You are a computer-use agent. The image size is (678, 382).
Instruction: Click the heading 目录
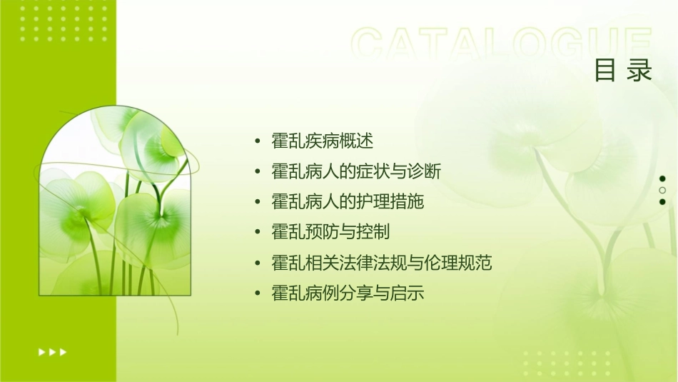(623, 70)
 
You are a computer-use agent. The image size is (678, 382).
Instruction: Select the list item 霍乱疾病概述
(322, 141)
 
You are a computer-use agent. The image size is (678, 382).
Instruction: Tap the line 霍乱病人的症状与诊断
(356, 171)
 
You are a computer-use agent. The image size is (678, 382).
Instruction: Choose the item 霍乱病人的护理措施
(348, 202)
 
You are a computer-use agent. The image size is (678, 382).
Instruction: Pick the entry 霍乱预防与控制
(330, 232)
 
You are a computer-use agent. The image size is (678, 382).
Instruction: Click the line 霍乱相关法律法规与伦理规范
(382, 263)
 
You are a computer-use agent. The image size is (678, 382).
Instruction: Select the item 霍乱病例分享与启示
(348, 293)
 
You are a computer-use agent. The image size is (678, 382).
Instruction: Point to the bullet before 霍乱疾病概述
(258, 141)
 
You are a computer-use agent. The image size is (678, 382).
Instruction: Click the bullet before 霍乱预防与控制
(258, 233)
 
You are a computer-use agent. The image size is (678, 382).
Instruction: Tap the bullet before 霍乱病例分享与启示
(258, 293)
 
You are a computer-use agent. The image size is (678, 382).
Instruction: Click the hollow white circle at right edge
(662, 190)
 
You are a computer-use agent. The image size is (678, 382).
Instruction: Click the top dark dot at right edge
(662, 179)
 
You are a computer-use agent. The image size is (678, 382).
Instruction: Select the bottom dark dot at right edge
(662, 201)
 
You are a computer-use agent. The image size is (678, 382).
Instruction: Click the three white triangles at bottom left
(52, 351)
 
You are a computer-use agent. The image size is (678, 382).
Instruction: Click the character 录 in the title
(640, 70)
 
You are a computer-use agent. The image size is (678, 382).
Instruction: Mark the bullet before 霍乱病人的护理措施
(258, 203)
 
